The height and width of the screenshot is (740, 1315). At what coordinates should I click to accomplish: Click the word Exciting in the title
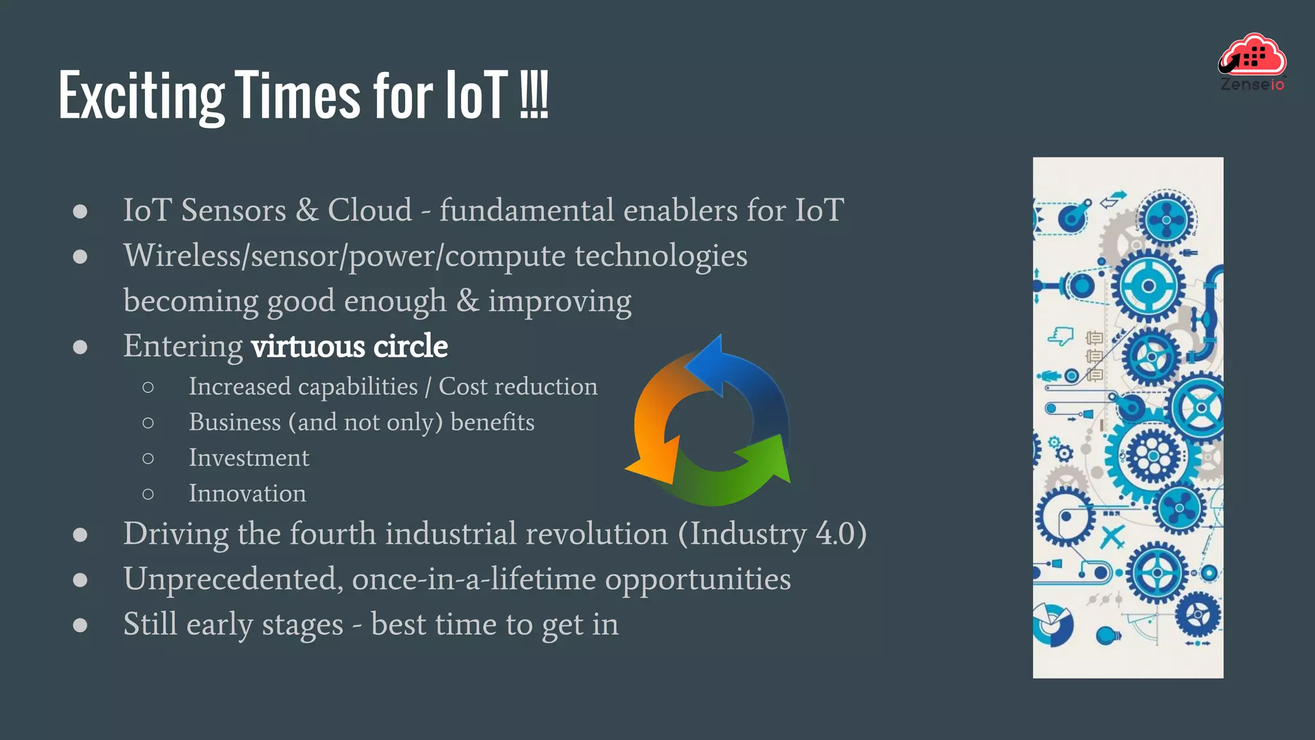tap(141, 96)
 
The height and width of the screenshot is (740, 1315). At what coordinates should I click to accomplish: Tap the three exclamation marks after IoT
tap(534, 96)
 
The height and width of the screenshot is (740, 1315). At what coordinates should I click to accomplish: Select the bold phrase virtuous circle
tap(349, 346)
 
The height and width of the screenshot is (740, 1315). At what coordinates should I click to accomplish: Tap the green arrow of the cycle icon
tap(738, 475)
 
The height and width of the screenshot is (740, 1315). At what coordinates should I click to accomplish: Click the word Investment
tap(248, 458)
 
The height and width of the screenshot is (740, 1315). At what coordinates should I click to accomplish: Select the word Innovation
tap(247, 493)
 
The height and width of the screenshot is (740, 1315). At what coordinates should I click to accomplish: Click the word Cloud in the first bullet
tap(370, 210)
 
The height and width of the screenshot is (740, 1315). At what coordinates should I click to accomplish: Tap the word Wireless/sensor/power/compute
tap(344, 256)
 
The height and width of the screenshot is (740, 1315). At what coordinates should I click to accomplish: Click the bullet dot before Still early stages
tap(80, 624)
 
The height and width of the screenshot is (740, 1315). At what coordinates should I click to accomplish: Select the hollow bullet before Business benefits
tap(148, 423)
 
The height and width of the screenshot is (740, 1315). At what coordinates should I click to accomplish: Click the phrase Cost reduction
tap(518, 387)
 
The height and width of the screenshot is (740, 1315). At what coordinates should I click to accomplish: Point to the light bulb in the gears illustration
tap(1108, 635)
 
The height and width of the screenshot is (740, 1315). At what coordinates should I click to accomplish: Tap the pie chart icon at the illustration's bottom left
tap(1052, 624)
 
